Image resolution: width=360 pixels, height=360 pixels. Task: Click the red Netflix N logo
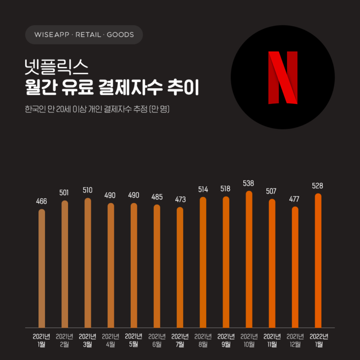pos(283,77)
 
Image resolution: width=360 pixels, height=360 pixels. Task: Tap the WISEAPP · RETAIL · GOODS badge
pos(84,35)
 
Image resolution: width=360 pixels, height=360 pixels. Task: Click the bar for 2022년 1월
pos(318,260)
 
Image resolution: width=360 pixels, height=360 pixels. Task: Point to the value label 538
pos(249,182)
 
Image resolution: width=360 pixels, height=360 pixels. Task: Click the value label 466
pos(42,201)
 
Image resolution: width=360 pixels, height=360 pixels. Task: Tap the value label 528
pos(318,186)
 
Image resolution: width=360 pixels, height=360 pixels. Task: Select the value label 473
pos(180,199)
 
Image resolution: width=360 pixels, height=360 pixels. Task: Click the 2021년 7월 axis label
pos(180,340)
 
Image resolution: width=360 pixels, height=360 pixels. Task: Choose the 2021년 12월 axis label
pos(295,340)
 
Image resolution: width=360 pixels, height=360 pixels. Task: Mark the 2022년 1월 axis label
pos(319,340)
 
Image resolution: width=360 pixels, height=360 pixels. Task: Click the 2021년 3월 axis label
pos(88,340)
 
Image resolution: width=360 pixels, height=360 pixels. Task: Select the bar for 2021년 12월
pos(295,267)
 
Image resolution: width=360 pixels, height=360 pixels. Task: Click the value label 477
pos(295,199)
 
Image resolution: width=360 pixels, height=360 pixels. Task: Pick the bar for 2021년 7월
pos(180,267)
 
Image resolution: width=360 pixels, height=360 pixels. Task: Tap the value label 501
pos(65,193)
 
